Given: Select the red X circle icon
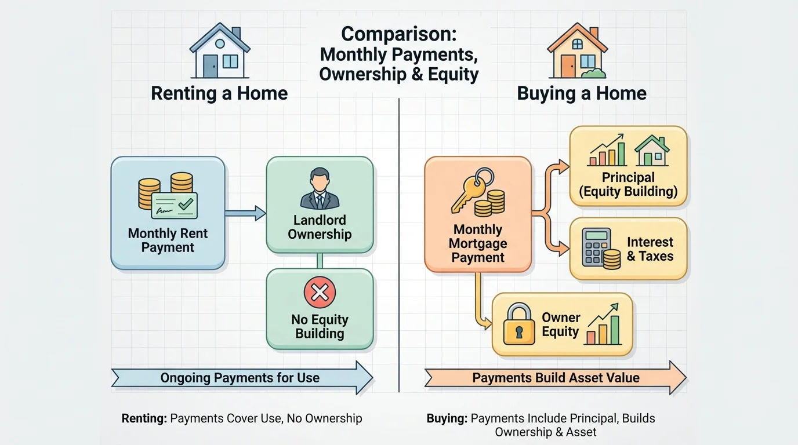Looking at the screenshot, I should click(x=320, y=293).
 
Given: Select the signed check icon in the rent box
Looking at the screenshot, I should click(x=174, y=205).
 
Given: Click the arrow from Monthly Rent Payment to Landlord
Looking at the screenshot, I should click(x=245, y=213).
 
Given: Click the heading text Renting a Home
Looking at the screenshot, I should click(x=219, y=93).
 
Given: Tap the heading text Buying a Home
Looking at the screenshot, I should click(x=582, y=93).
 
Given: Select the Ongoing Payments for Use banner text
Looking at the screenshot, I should click(x=240, y=378).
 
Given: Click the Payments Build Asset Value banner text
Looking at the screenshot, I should click(x=556, y=378).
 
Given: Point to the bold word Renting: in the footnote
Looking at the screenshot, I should click(x=144, y=418).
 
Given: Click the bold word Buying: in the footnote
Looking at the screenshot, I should click(x=447, y=418).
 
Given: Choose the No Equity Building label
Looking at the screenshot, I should click(x=320, y=326).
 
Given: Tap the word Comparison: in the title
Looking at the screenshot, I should click(x=399, y=34).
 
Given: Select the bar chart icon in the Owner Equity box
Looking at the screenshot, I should click(x=603, y=328).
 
